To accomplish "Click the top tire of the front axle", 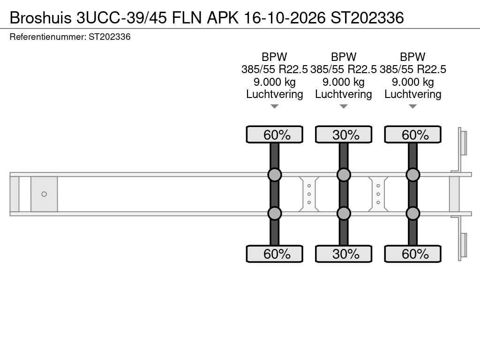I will click(x=274, y=135).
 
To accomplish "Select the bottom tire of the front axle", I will click(x=274, y=254).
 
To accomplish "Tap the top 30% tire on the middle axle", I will click(x=344, y=135).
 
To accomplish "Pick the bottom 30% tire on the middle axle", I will click(x=344, y=254).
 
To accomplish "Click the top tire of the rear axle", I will click(x=412, y=135).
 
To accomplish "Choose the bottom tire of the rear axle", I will click(x=412, y=254).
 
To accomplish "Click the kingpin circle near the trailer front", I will click(x=44, y=194).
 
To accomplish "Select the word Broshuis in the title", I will click(x=40, y=17).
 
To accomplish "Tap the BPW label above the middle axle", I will click(x=344, y=57).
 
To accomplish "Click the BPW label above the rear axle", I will click(x=412, y=57).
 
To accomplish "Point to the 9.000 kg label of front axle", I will click(x=274, y=82).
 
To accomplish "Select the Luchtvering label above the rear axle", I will click(x=412, y=94).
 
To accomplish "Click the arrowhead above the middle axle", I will click(x=344, y=106).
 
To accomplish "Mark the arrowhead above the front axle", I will click(x=274, y=106).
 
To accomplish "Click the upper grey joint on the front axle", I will click(x=274, y=175).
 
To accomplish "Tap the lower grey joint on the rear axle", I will click(x=412, y=213).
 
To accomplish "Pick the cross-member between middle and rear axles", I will click(x=378, y=194).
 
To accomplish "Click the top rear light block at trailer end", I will click(x=464, y=142).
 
